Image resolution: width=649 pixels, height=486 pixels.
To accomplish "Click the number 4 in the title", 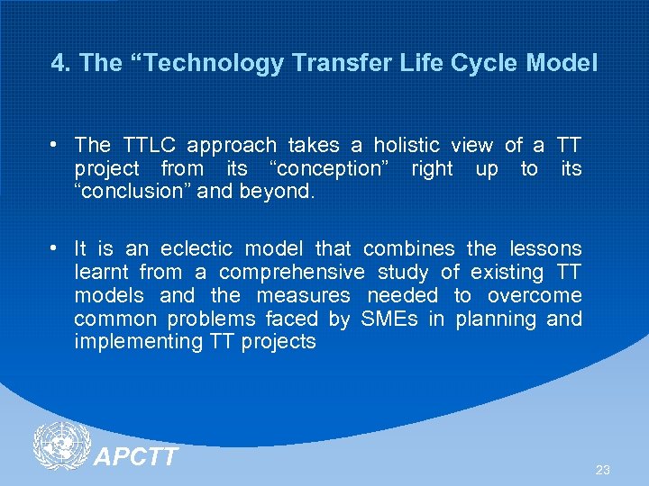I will pyautogui.click(x=59, y=63).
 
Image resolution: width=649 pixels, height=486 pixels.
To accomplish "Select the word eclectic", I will pyautogui.click(x=196, y=248).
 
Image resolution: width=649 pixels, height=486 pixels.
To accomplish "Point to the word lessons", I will pyautogui.click(x=545, y=248).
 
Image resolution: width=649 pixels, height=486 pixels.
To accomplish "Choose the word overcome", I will pyautogui.click(x=535, y=295).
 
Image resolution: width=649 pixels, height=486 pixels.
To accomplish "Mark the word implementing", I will pyautogui.click(x=138, y=342).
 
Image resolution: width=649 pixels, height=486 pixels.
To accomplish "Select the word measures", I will pyautogui.click(x=303, y=295).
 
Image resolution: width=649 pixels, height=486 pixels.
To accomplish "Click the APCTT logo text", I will pyautogui.click(x=136, y=457).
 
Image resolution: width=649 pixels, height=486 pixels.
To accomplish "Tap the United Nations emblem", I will pyautogui.click(x=61, y=446).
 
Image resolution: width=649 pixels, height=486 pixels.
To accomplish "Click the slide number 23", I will pyautogui.click(x=603, y=470).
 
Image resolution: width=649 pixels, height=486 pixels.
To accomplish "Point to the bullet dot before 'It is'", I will pyautogui.click(x=56, y=249).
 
